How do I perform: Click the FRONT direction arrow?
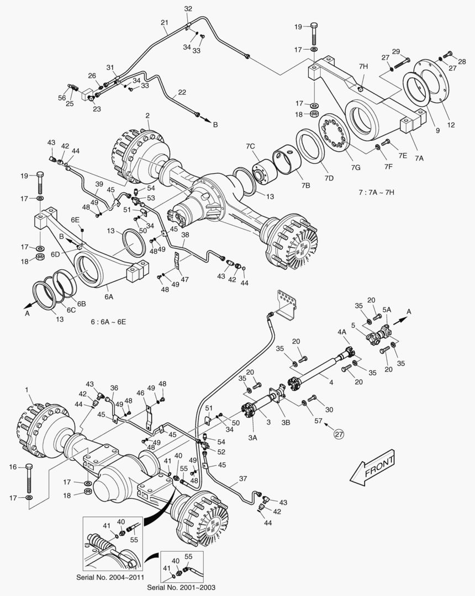[x=373, y=467]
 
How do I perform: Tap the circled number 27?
[x=339, y=434]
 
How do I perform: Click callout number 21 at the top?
[x=164, y=23]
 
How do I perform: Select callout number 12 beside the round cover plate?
[x=451, y=125]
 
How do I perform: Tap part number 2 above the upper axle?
[x=147, y=115]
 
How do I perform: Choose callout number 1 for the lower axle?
[x=27, y=390]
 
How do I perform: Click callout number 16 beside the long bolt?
[x=13, y=467]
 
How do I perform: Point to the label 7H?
[x=362, y=67]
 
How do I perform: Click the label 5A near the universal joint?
[x=387, y=310]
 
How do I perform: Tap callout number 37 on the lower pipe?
[x=242, y=478]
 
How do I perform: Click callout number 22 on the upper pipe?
[x=182, y=92]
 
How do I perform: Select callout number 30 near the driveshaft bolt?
[x=330, y=410]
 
